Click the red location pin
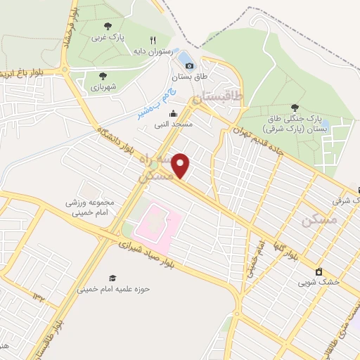(181, 166)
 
